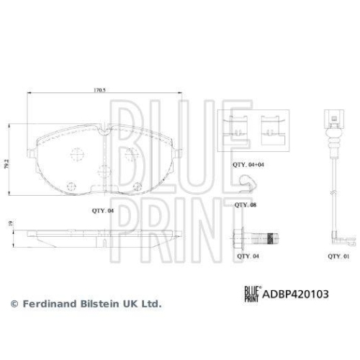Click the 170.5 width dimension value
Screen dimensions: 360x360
[x=100, y=91]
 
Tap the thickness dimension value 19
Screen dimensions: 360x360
[x=10, y=225]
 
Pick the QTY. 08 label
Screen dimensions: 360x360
[x=246, y=205]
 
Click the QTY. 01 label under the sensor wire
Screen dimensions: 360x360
[x=338, y=255]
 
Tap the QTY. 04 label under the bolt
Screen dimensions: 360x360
[x=248, y=255]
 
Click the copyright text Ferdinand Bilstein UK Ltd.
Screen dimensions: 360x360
[x=86, y=304]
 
